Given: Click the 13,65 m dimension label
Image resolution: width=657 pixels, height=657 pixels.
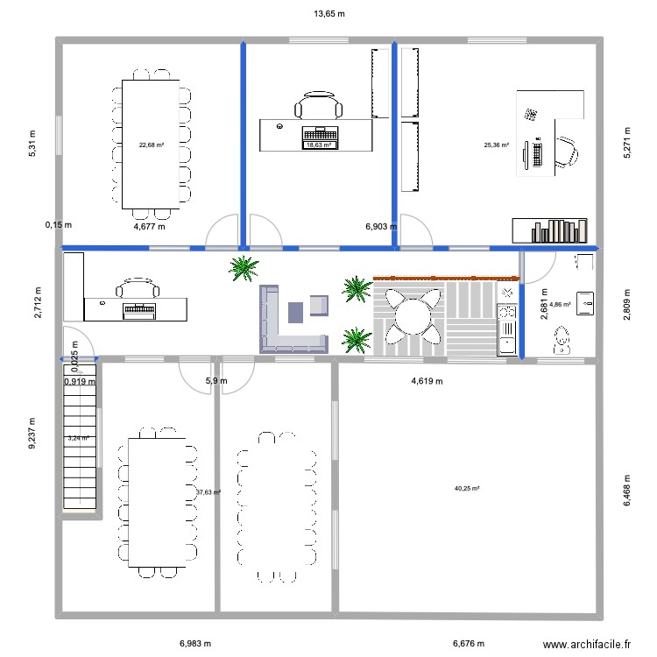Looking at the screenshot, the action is tap(329, 14).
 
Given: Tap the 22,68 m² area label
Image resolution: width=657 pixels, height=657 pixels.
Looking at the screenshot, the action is tap(152, 145).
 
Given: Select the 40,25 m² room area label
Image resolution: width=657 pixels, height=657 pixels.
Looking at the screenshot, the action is tap(467, 488).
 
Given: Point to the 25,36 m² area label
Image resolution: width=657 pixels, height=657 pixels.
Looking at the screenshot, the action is tap(496, 145).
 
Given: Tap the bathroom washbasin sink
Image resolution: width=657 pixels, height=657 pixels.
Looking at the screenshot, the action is tap(585, 303).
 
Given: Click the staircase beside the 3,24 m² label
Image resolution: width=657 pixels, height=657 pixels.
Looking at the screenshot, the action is tap(80, 436).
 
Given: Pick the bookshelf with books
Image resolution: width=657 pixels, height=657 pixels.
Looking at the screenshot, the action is tap(549, 230).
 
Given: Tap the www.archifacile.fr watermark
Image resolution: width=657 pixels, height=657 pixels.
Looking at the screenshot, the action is tap(587, 644).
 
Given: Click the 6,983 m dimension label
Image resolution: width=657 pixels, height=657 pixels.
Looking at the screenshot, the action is tap(195, 643).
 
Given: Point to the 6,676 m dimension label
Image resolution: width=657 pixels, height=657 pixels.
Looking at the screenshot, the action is tap(469, 643).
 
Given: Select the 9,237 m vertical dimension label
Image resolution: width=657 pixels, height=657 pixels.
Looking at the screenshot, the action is tap(32, 434).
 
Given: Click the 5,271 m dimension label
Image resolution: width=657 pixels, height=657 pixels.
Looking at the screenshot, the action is tap(627, 143).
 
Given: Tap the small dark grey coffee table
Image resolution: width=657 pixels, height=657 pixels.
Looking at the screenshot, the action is tap(295, 313).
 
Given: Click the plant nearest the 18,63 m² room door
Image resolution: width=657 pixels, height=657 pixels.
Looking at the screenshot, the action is tap(244, 269).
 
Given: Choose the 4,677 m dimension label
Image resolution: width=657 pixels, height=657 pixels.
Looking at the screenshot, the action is tap(149, 227).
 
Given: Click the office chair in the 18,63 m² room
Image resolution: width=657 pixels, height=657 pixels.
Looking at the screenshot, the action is tap(319, 105).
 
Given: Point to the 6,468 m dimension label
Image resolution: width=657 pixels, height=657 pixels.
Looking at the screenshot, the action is tap(627, 491).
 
